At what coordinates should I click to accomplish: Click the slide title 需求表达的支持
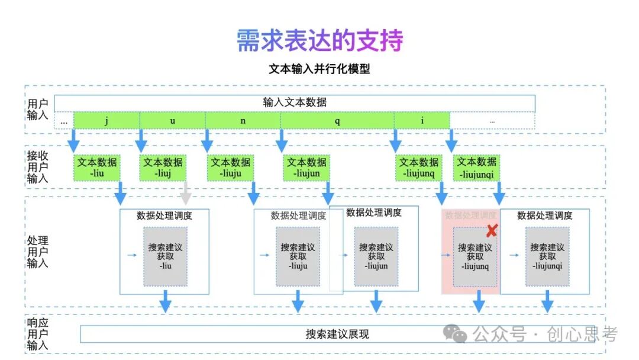tap(319, 40)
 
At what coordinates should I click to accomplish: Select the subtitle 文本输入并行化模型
tap(319, 69)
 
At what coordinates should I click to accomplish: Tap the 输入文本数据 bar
tap(295, 102)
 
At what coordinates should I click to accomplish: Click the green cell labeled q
tap(337, 121)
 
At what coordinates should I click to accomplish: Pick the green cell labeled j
tap(106, 121)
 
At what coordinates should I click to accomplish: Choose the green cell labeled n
tap(243, 121)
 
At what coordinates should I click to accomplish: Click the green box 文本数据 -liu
tap(97, 168)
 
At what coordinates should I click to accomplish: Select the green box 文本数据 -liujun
tap(306, 168)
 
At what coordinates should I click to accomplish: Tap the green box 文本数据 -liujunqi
tap(476, 168)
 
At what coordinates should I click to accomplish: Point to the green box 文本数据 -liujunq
tap(418, 168)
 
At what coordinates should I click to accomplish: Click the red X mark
tap(492, 231)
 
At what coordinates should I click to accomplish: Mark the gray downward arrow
tap(186, 193)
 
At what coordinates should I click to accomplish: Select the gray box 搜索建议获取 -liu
tap(166, 257)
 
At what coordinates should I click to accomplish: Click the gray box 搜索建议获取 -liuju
tap(298, 257)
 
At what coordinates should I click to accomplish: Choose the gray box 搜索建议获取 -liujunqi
tap(547, 257)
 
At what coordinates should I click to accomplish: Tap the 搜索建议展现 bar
tap(337, 334)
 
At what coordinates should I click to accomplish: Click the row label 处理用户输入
tap(38, 252)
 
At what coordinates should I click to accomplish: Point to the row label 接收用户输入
tap(38, 168)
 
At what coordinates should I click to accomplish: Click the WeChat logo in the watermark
tap(456, 335)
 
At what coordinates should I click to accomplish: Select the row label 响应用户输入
tap(38, 335)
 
